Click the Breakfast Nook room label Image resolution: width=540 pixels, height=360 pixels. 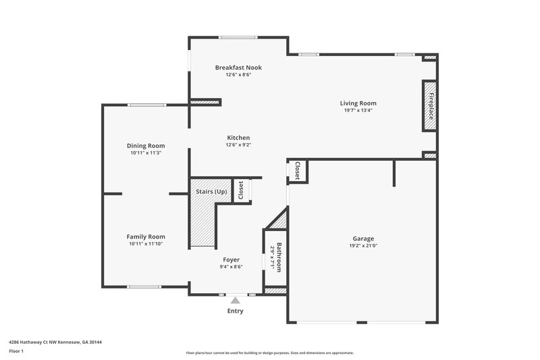tap(238, 68)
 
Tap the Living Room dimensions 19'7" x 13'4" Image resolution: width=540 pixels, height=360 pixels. tap(358, 110)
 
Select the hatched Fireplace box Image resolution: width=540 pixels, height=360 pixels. tap(429, 105)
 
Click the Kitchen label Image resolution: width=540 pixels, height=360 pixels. tap(238, 138)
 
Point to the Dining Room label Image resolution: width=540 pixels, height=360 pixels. tap(146, 146)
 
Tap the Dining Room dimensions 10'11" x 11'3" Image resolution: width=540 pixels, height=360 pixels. tap(146, 153)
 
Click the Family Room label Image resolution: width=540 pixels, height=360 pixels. tap(146, 236)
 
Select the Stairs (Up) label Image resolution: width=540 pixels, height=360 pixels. tap(211, 192)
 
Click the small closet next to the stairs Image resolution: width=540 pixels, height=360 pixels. tap(240, 190)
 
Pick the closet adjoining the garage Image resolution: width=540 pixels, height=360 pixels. tap(297, 171)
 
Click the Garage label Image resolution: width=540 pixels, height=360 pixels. tap(362, 238)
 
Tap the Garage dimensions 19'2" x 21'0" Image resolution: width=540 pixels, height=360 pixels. tap(362, 246)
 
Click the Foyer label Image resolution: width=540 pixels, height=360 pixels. tap(231, 259)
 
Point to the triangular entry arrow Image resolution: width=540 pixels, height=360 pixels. tap(235, 301)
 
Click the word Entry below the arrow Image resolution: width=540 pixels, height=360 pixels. tap(235, 311)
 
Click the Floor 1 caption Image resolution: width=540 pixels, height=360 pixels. tap(16, 351)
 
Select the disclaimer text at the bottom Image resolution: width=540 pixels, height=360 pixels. tap(269, 353)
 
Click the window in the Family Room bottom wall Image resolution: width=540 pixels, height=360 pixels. tap(144, 286)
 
